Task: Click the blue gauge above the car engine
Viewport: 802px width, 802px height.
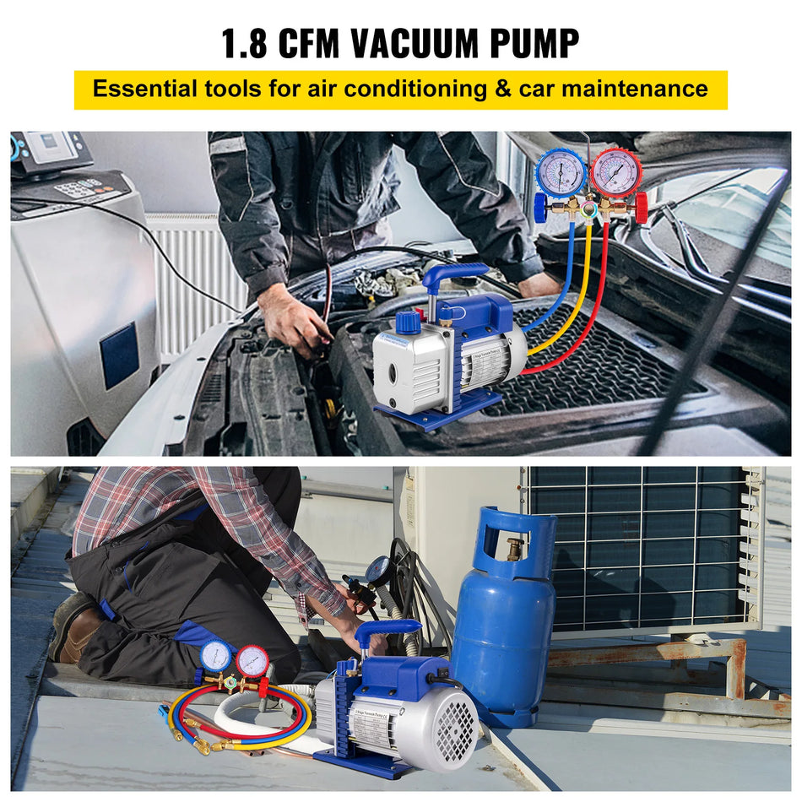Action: (561, 173)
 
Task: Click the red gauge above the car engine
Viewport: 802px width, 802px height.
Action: (615, 173)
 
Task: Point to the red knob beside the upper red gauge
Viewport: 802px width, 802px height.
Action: (642, 208)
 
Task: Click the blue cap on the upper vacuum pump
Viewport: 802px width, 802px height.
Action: (408, 322)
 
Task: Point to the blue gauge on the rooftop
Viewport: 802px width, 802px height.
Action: (215, 655)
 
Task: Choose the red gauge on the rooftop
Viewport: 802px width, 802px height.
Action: (252, 659)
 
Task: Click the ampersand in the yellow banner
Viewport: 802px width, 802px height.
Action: (504, 89)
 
